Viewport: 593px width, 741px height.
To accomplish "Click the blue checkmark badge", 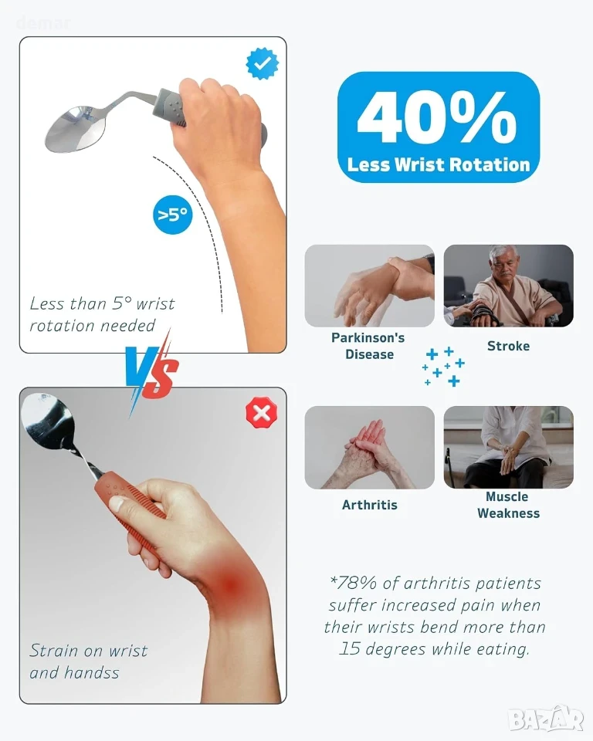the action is [263, 63].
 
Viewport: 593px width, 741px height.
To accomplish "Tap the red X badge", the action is [262, 413].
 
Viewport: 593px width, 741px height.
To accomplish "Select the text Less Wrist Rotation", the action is [439, 164].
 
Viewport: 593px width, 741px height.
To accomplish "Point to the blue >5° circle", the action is [173, 215].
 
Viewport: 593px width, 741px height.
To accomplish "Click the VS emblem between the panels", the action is [152, 371].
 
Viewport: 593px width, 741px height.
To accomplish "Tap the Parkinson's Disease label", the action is [368, 346].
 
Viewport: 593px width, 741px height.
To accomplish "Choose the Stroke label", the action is [508, 346].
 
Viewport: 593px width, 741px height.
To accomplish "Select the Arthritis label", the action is [369, 505].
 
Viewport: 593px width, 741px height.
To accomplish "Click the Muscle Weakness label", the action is [508, 505].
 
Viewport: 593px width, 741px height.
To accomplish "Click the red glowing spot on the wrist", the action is [230, 586].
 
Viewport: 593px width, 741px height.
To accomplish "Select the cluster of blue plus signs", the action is [443, 367].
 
